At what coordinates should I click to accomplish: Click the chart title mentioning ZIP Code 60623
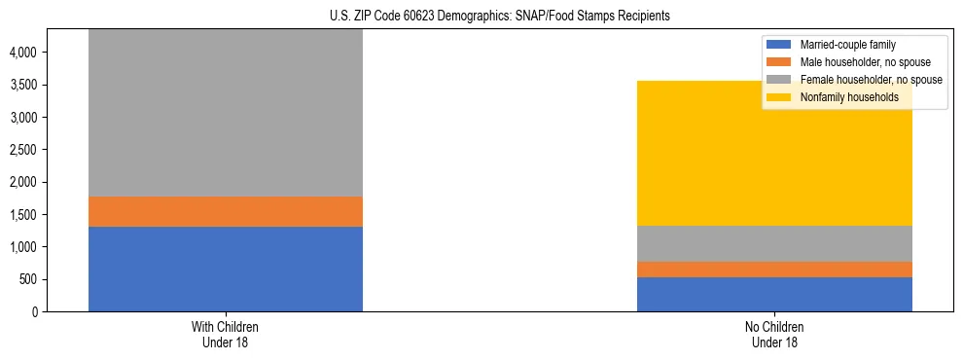pos(481,17)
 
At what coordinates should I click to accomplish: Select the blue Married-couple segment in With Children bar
pos(226,270)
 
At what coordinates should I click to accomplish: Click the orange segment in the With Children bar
pos(226,212)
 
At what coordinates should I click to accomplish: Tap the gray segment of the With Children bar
pos(226,113)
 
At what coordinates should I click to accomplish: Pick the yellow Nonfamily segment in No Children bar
pos(774,154)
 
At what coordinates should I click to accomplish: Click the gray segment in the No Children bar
pos(774,244)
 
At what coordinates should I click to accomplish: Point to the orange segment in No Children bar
pos(774,270)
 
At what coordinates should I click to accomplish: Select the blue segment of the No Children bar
pos(774,295)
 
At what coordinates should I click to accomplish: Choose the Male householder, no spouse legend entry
pos(856,62)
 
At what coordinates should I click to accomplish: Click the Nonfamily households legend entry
pos(842,97)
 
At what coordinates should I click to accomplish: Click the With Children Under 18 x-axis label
pos(226,335)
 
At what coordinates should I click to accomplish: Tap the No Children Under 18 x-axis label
pos(774,335)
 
